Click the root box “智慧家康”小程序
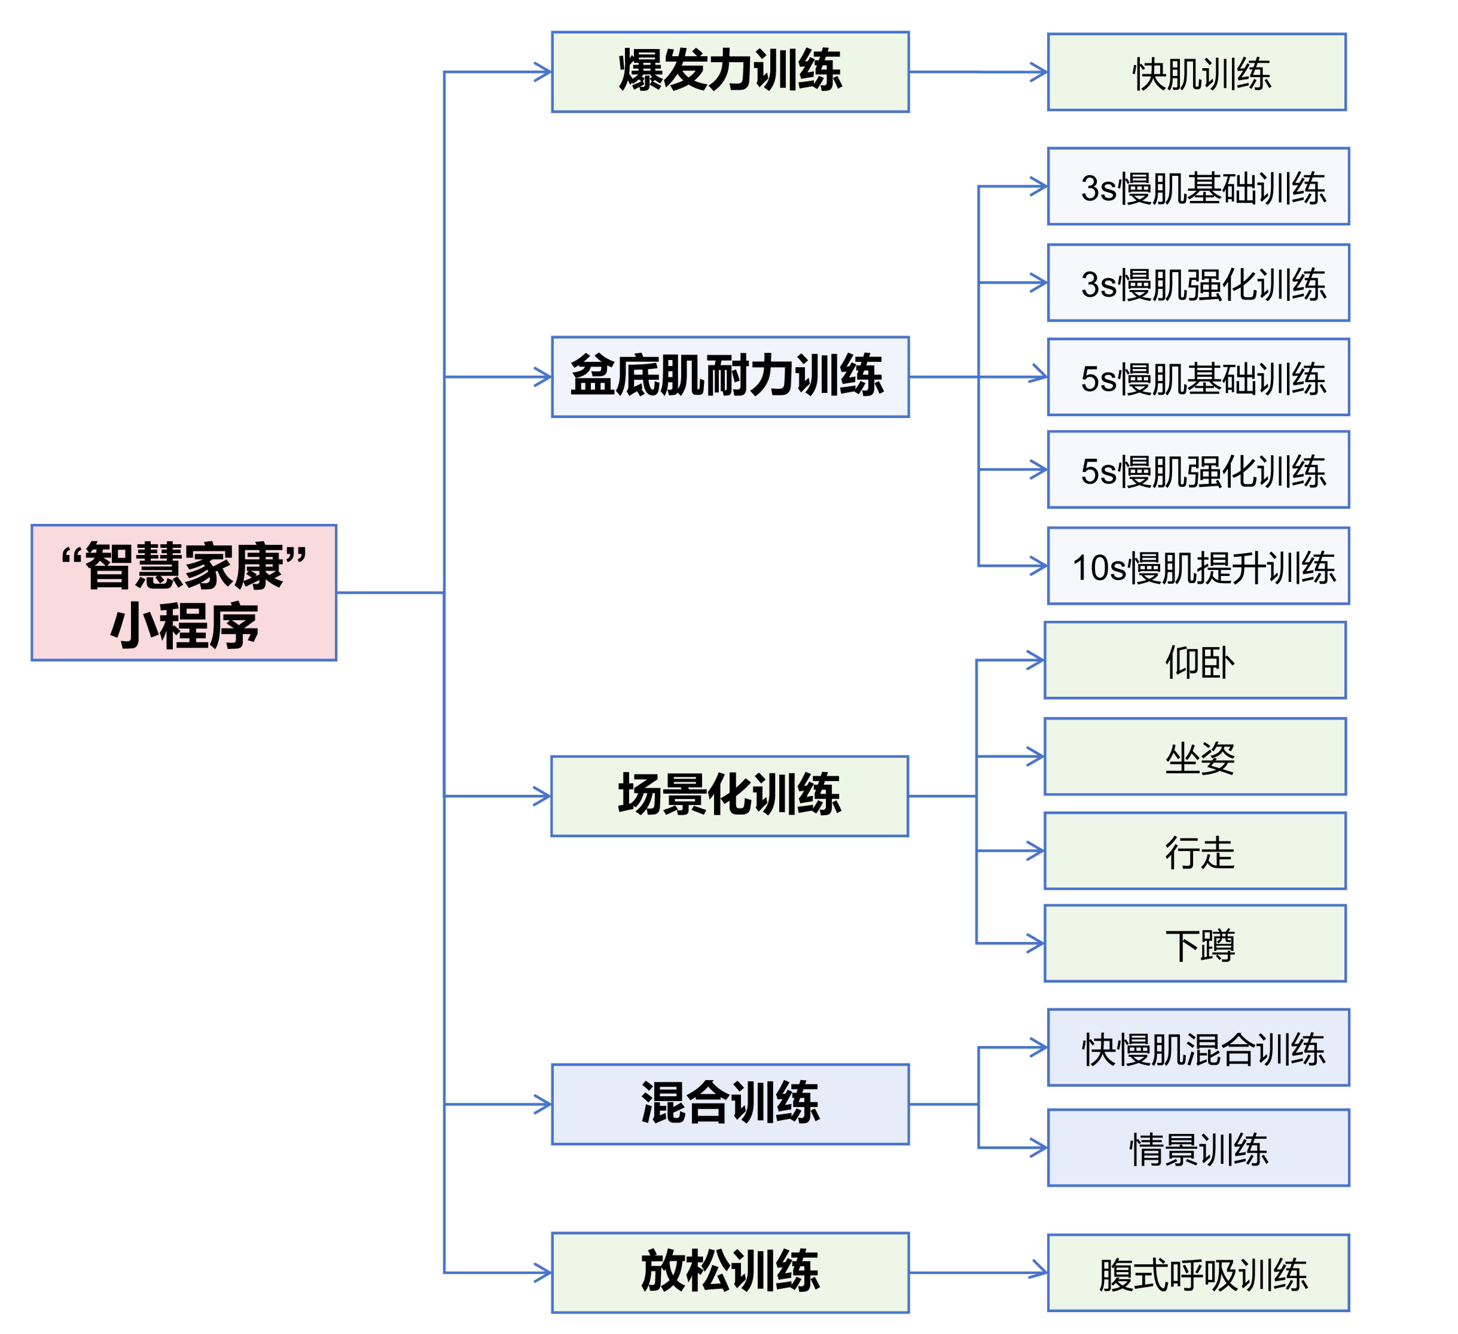pyautogui.click(x=184, y=592)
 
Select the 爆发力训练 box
pyautogui.click(x=730, y=72)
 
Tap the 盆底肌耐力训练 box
pyautogui.click(x=730, y=377)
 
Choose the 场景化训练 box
pyautogui.click(x=729, y=797)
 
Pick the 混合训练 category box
pyautogui.click(x=730, y=1104)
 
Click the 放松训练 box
pyautogui.click(x=730, y=1272)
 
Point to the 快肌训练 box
pyautogui.click(x=1196, y=72)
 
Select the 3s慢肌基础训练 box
pyautogui.click(x=1198, y=187)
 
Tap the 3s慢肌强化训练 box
pyautogui.click(x=1198, y=283)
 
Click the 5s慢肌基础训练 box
pyautogui.click(x=1198, y=377)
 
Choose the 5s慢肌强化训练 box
pyautogui.click(x=1198, y=469)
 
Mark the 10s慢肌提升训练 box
pyautogui.click(x=1198, y=566)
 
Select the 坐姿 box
pyautogui.click(x=1195, y=757)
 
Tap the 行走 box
pyautogui.click(x=1195, y=851)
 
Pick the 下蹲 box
pyautogui.click(x=1195, y=943)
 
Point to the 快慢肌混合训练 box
pyautogui.click(x=1198, y=1048)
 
